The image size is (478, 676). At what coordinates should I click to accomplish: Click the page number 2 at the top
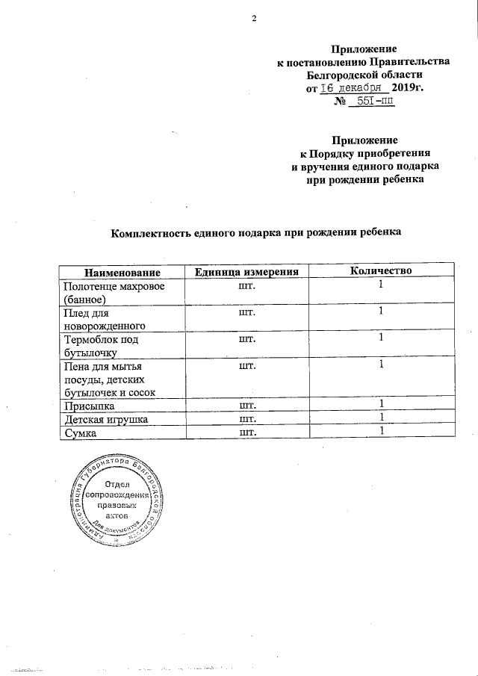(x=253, y=19)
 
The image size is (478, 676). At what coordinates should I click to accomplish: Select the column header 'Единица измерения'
(x=246, y=271)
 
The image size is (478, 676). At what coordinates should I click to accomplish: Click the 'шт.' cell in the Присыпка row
(x=246, y=406)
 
